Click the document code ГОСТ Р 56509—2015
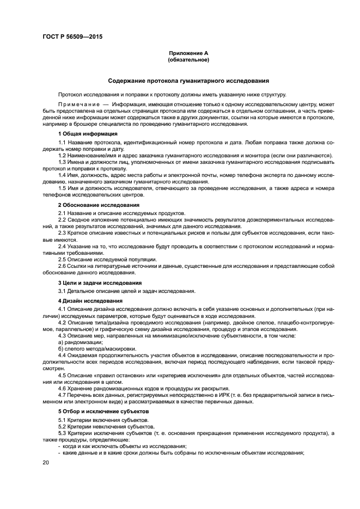click(x=72, y=37)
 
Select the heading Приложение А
click(x=188, y=53)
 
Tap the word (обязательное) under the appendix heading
click(x=188, y=60)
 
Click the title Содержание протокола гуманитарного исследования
click(x=188, y=81)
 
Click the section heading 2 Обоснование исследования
click(x=91, y=205)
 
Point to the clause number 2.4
click(x=62, y=247)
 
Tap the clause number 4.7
click(x=62, y=395)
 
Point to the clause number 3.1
click(x=62, y=291)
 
